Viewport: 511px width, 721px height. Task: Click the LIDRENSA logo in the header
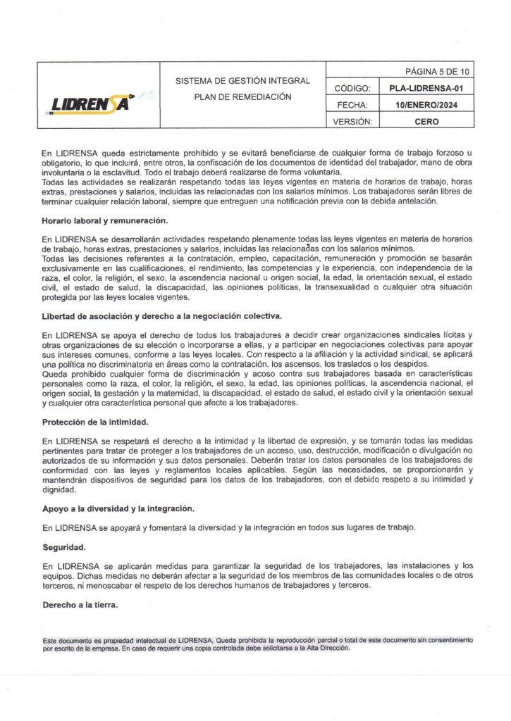92,104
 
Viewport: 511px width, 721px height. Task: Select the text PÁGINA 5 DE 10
437,72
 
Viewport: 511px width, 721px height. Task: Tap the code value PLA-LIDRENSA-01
426,89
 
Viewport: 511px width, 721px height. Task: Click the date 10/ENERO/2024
426,105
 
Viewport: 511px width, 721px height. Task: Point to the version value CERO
426,121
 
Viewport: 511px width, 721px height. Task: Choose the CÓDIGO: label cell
351,89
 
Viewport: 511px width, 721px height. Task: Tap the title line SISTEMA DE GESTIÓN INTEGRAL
243,81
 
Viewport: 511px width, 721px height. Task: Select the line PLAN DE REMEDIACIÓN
243,96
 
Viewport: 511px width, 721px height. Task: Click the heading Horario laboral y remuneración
104,222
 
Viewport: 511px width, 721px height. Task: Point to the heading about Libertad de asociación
162,315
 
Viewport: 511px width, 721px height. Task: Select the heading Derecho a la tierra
80,604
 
